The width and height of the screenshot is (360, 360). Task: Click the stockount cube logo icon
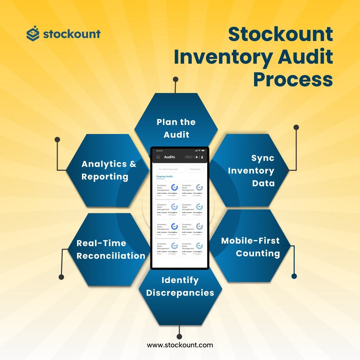(x=33, y=34)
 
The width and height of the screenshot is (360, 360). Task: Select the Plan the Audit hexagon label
(x=176, y=128)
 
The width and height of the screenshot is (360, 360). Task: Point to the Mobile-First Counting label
(x=251, y=247)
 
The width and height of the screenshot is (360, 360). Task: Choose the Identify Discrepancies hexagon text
(x=180, y=286)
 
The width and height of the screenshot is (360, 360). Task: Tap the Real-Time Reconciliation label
(x=111, y=249)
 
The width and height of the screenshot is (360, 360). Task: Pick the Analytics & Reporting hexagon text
(x=109, y=170)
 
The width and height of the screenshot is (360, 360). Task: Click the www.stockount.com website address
(x=180, y=345)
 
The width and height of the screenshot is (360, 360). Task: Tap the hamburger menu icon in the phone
(x=158, y=157)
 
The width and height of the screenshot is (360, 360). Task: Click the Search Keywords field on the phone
(x=171, y=169)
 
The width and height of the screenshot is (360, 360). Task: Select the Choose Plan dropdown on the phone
(x=195, y=169)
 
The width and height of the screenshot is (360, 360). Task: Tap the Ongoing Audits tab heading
(x=165, y=176)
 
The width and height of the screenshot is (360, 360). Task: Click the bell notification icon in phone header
(x=197, y=157)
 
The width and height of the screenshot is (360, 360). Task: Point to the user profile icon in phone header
(x=202, y=157)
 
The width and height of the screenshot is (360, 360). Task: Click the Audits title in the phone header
(x=169, y=157)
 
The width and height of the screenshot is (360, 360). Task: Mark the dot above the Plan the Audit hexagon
(x=176, y=79)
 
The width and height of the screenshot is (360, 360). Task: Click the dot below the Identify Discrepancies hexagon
(x=179, y=336)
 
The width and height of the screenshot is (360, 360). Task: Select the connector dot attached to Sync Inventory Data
(x=296, y=127)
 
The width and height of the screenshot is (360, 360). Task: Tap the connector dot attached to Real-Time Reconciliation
(x=61, y=277)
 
